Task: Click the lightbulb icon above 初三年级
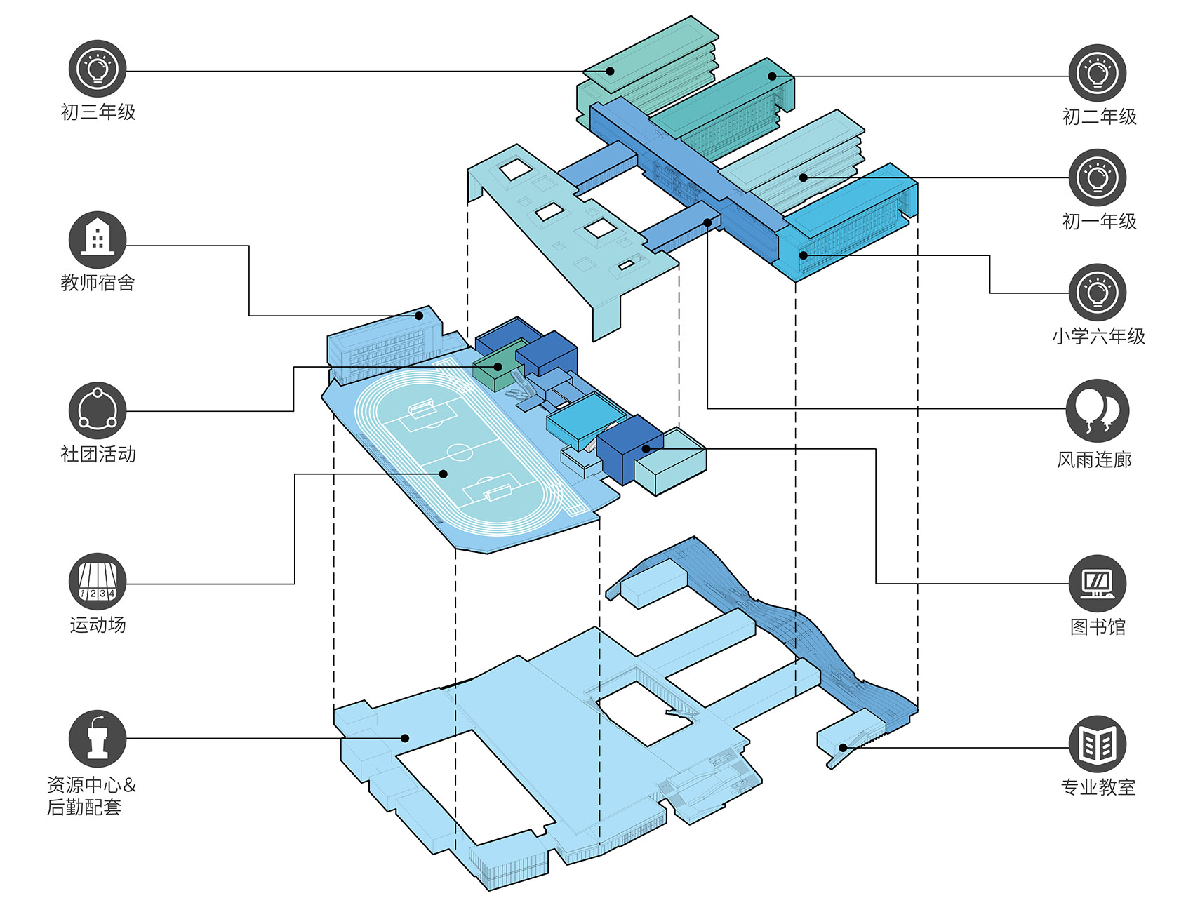(x=98, y=69)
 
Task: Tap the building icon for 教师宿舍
(x=98, y=240)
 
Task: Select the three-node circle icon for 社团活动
(x=98, y=411)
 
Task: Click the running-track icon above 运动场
(x=98, y=582)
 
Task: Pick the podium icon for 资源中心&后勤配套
(x=98, y=739)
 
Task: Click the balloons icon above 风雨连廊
(x=1098, y=411)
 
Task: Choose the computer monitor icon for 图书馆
(x=1098, y=584)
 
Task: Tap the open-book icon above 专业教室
(x=1098, y=744)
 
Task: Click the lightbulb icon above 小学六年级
(x=1098, y=293)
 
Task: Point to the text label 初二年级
(x=1099, y=116)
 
